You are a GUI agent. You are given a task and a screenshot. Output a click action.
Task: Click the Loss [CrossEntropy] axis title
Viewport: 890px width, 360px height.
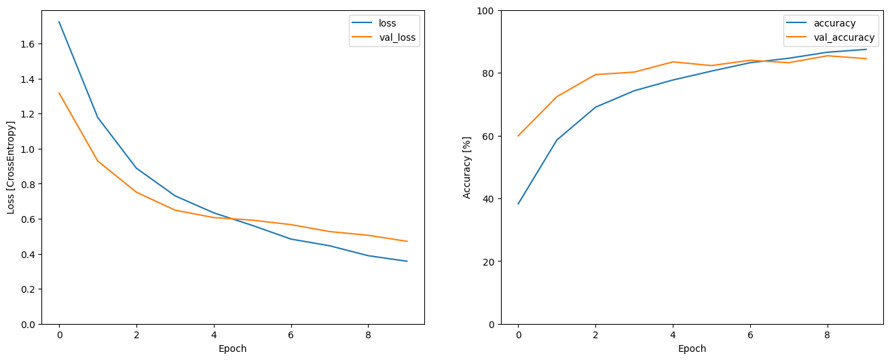point(11,167)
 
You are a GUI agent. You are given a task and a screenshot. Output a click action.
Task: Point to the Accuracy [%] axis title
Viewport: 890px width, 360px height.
point(467,167)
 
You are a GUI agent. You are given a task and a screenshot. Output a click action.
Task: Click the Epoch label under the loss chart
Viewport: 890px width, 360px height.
point(232,348)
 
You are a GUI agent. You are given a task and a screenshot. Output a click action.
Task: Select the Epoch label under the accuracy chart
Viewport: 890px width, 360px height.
point(692,348)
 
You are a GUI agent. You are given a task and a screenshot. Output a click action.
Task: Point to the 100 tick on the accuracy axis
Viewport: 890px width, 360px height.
point(485,11)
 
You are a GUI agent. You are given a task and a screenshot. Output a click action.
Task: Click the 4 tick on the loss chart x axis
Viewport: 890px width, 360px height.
point(214,335)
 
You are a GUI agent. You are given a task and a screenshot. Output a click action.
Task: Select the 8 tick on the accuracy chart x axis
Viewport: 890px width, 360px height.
point(828,335)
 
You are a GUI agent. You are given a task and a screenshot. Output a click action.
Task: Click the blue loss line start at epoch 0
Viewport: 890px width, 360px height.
point(59,22)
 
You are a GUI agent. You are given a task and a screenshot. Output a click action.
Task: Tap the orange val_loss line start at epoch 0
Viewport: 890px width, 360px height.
point(59,93)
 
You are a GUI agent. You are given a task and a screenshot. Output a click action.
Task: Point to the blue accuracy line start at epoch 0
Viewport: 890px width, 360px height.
point(519,204)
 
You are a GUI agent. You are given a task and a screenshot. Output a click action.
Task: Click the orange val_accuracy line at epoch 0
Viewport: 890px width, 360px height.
point(519,136)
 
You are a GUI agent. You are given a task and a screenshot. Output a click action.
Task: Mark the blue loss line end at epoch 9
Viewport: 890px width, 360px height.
point(407,262)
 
